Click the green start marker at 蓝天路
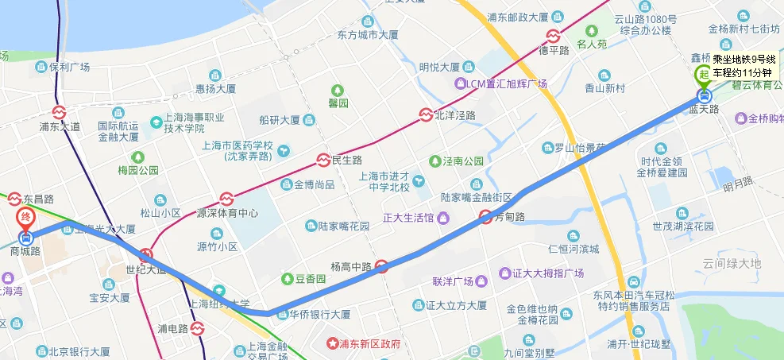[704, 75]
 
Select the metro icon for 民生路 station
[323, 160]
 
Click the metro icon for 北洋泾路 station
[427, 114]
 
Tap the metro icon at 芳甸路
[486, 216]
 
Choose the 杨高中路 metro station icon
[382, 266]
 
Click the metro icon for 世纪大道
[145, 255]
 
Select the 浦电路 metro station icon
[197, 327]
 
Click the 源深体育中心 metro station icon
[226, 198]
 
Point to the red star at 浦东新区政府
[332, 344]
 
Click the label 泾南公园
[463, 161]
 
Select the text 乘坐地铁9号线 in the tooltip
[743, 59]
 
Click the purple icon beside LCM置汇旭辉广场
[458, 83]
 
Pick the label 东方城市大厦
[367, 35]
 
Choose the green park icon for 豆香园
[287, 279]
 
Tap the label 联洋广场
[453, 281]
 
